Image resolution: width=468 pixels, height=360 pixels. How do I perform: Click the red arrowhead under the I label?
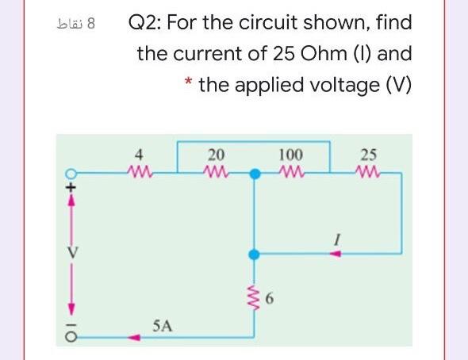336,255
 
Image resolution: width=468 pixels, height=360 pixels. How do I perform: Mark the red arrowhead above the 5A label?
136,337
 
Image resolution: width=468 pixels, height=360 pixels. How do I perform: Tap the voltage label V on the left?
69,255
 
